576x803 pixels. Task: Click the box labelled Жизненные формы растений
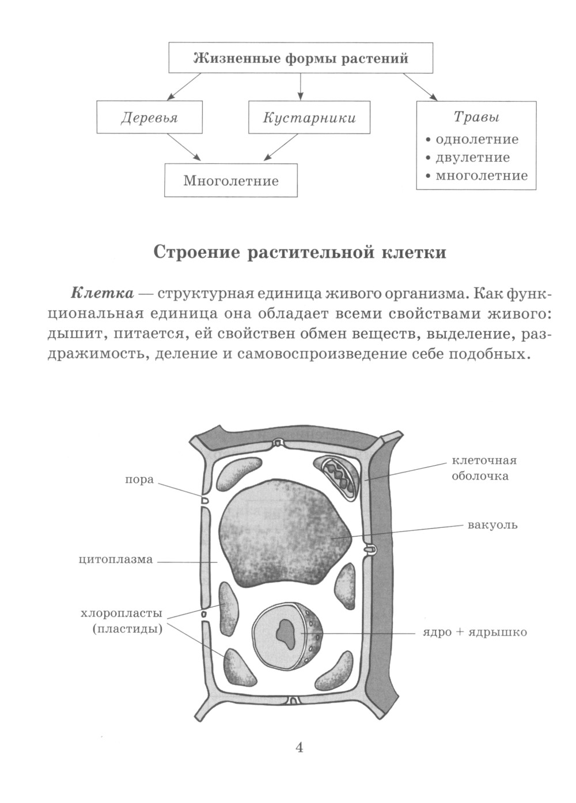point(300,58)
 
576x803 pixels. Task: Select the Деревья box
point(149,118)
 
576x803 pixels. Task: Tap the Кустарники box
point(309,118)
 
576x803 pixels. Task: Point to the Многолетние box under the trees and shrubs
point(231,181)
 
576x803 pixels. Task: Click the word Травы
point(476,117)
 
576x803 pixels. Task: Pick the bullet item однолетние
point(477,139)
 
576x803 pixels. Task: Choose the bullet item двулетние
point(472,158)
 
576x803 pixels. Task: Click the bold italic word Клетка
point(102,293)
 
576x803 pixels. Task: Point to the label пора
point(139,479)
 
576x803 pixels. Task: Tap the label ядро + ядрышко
point(471,633)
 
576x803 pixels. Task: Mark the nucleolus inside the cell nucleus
point(283,632)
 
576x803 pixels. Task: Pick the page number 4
point(299,748)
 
